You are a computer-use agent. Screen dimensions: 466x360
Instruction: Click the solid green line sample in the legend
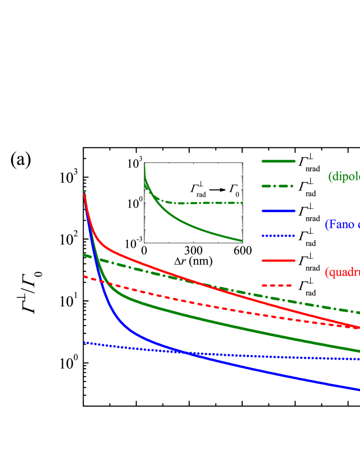tap(278, 161)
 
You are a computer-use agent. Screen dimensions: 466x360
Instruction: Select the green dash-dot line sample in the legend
tap(277, 186)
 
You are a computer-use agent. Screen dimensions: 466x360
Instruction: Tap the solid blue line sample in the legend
tap(278, 211)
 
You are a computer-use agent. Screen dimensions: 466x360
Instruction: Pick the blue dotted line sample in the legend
tap(278, 236)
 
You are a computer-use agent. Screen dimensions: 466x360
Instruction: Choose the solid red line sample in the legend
tap(278, 261)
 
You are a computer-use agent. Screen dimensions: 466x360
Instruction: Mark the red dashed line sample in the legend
tap(277, 286)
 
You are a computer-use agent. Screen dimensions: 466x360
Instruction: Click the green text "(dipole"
tap(344, 177)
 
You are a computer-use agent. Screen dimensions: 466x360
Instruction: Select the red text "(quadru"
tap(342, 272)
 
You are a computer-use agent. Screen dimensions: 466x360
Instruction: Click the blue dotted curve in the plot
tap(274, 356)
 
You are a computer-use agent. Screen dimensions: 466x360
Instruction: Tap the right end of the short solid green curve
tap(242, 241)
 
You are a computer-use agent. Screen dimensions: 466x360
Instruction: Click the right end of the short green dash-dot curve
tap(242, 203)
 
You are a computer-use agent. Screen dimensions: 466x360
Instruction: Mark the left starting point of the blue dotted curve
tap(84, 342)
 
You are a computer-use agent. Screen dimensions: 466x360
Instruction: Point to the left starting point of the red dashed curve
tap(84, 276)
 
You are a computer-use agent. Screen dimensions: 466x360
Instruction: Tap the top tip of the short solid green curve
tap(145, 167)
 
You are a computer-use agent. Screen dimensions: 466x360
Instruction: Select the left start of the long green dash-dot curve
tap(84, 255)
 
